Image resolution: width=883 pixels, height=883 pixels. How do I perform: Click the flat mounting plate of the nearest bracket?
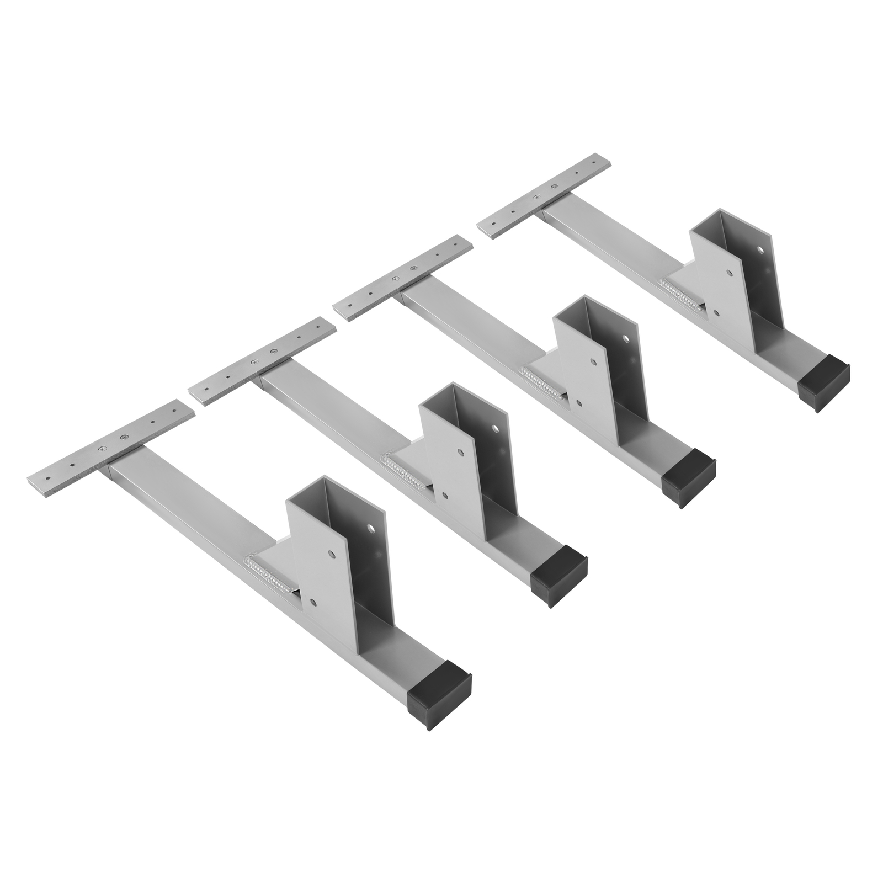tap(110, 447)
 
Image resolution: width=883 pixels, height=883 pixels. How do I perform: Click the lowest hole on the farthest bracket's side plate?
tap(716, 312)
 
